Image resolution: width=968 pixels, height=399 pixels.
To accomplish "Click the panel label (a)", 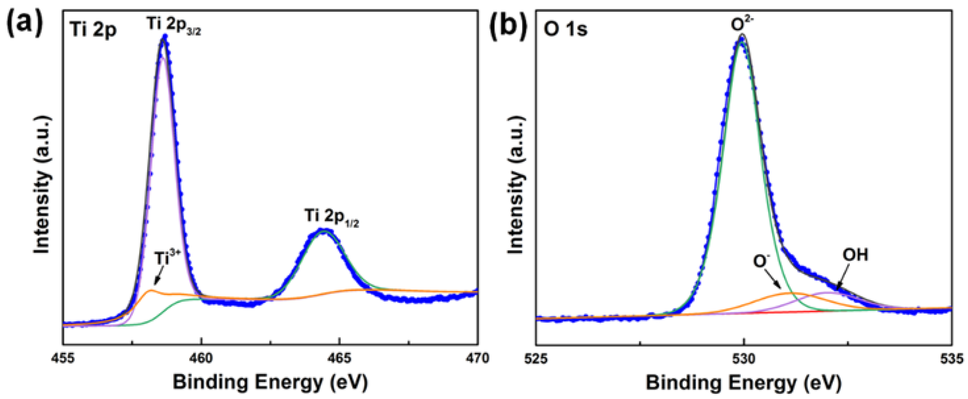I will tap(25, 23).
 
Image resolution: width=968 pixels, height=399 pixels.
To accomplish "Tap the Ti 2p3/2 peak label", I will tap(174, 25).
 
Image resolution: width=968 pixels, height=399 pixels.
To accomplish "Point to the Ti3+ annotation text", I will tap(167, 258).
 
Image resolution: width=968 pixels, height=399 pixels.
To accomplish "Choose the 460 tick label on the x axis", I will tap(201, 358).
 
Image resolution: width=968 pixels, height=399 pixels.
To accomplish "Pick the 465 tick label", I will tap(339, 358).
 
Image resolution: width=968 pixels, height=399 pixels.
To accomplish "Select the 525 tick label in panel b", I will tap(536, 358).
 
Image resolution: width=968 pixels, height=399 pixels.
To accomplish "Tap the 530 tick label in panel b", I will tap(744, 358).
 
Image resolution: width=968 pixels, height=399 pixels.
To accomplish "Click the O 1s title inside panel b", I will tap(565, 29).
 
